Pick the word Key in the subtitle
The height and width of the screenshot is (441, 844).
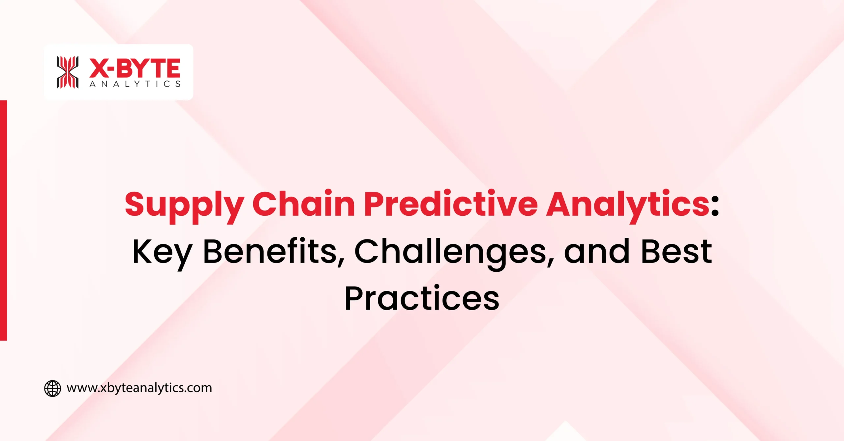[162, 252]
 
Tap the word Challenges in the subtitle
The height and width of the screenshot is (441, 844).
[450, 252]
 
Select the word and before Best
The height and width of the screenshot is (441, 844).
[597, 252]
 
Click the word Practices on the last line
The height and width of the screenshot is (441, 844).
[422, 298]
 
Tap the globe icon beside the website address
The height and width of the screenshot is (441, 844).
[53, 388]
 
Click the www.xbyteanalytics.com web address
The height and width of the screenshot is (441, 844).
[139, 388]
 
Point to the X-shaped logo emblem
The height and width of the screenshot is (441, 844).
[68, 72]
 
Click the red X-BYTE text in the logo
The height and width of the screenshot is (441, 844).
[135, 68]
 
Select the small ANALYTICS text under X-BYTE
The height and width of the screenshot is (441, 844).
[135, 84]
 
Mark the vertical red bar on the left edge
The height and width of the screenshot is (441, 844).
[4, 220]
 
